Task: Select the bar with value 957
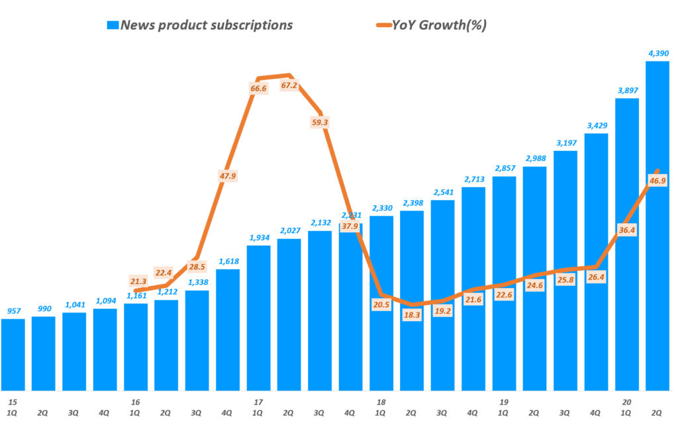[13, 354]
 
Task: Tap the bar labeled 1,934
[258, 318]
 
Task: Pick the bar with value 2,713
[472, 288]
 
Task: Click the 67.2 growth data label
[289, 86]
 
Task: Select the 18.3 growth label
[411, 315]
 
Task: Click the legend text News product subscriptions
[207, 25]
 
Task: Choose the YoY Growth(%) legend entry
[439, 25]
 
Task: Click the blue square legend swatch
[113, 26]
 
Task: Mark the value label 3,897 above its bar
[626, 91]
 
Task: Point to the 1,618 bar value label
[227, 261]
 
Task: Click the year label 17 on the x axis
[258, 402]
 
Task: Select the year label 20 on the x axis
[626, 402]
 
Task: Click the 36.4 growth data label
[626, 230]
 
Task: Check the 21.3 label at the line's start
[136, 281]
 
